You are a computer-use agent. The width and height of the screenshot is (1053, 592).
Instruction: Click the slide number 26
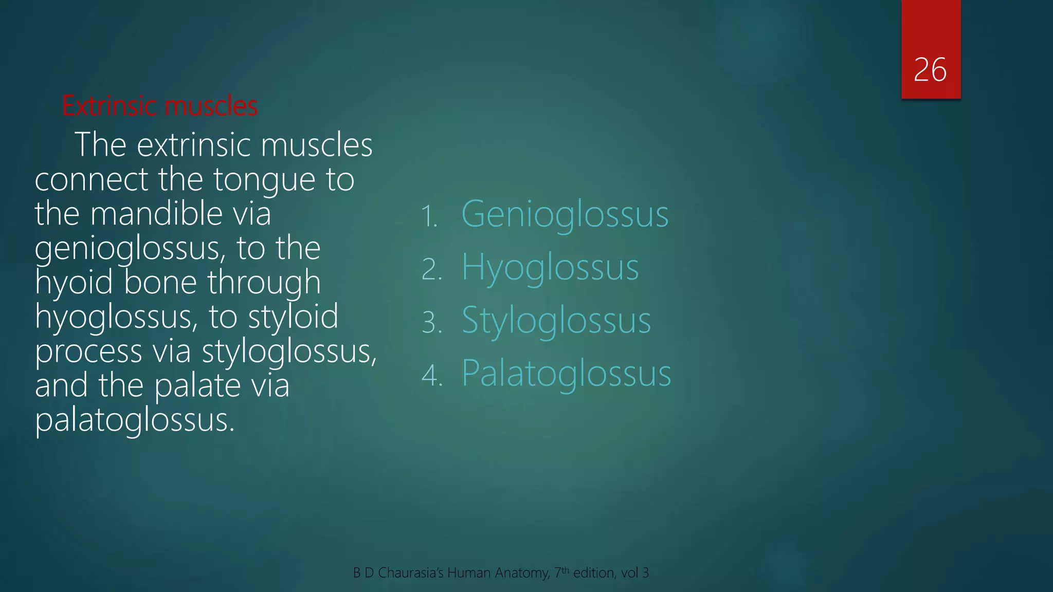pos(930,70)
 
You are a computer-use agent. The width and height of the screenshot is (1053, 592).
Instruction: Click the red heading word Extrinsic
pos(110,106)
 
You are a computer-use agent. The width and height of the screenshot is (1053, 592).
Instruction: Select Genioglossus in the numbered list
pos(565,214)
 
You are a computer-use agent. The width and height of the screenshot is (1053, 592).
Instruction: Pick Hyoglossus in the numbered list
pos(550,267)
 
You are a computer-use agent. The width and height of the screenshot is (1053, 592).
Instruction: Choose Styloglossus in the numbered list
pos(556,320)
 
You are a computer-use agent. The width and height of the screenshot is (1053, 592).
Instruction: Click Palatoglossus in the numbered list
pos(566,373)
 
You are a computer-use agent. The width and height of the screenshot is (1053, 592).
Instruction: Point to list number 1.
pos(429,216)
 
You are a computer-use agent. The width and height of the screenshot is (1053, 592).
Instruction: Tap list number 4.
pos(431,375)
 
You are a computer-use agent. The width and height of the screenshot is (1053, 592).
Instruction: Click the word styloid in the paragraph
pos(293,317)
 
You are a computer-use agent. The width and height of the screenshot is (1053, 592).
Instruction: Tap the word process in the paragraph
pos(88,352)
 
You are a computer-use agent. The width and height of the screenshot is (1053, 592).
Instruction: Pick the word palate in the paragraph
pos(197,385)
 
